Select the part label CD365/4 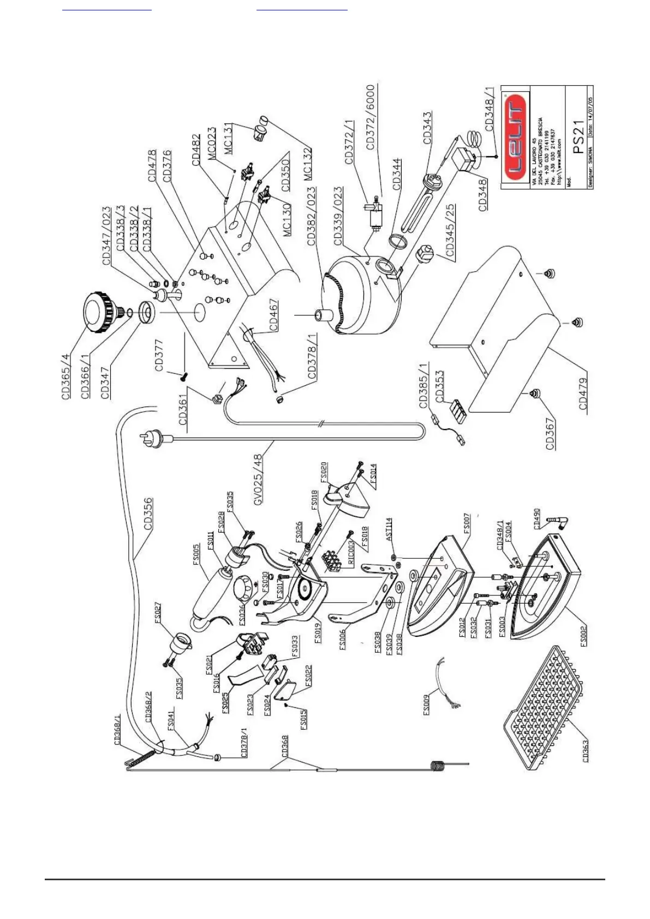(66, 377)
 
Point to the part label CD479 (583, 393)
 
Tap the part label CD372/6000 (371, 116)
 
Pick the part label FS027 (158, 613)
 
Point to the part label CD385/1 (424, 385)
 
